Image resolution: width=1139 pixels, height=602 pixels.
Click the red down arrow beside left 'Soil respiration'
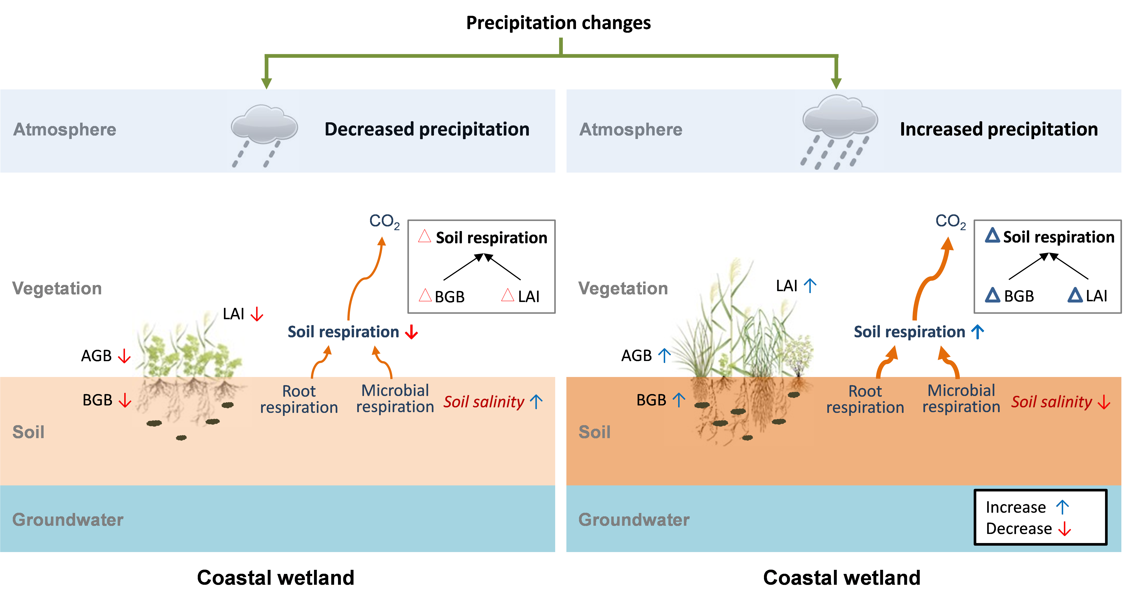coord(412,332)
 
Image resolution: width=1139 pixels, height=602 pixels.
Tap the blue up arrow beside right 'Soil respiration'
coord(978,332)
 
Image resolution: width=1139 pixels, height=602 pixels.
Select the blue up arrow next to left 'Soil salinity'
coord(536,402)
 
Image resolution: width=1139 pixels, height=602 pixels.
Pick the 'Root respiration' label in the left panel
coord(299,399)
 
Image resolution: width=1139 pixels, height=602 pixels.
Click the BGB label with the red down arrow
coord(98,400)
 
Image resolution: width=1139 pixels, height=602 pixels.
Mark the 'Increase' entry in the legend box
coord(1016,507)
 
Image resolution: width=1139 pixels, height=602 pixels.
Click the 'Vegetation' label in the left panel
coord(57,288)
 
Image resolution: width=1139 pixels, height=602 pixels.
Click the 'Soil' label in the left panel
coord(28,432)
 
